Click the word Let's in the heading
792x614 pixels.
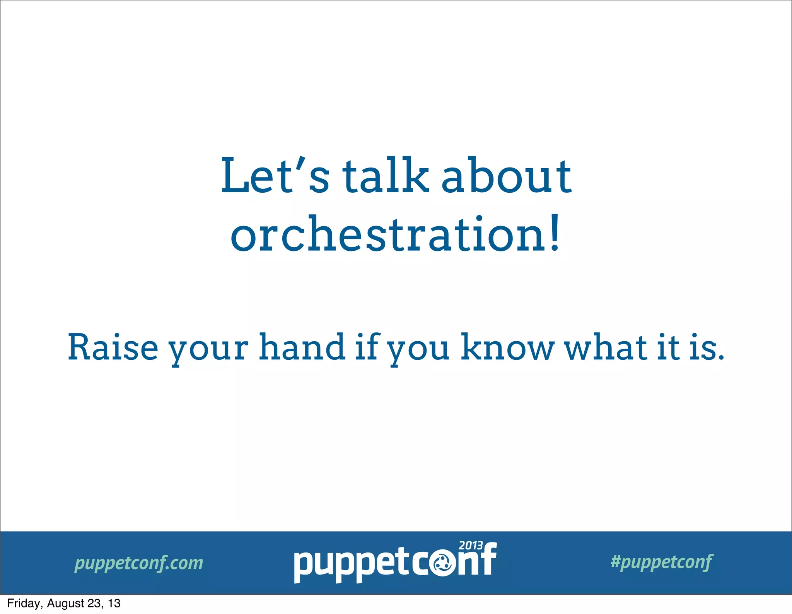tap(275, 176)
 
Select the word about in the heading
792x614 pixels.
tap(506, 176)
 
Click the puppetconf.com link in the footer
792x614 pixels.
tap(138, 563)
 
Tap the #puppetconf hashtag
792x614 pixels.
tap(662, 561)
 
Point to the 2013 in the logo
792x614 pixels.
tap(471, 546)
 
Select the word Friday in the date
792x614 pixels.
tap(23, 604)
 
